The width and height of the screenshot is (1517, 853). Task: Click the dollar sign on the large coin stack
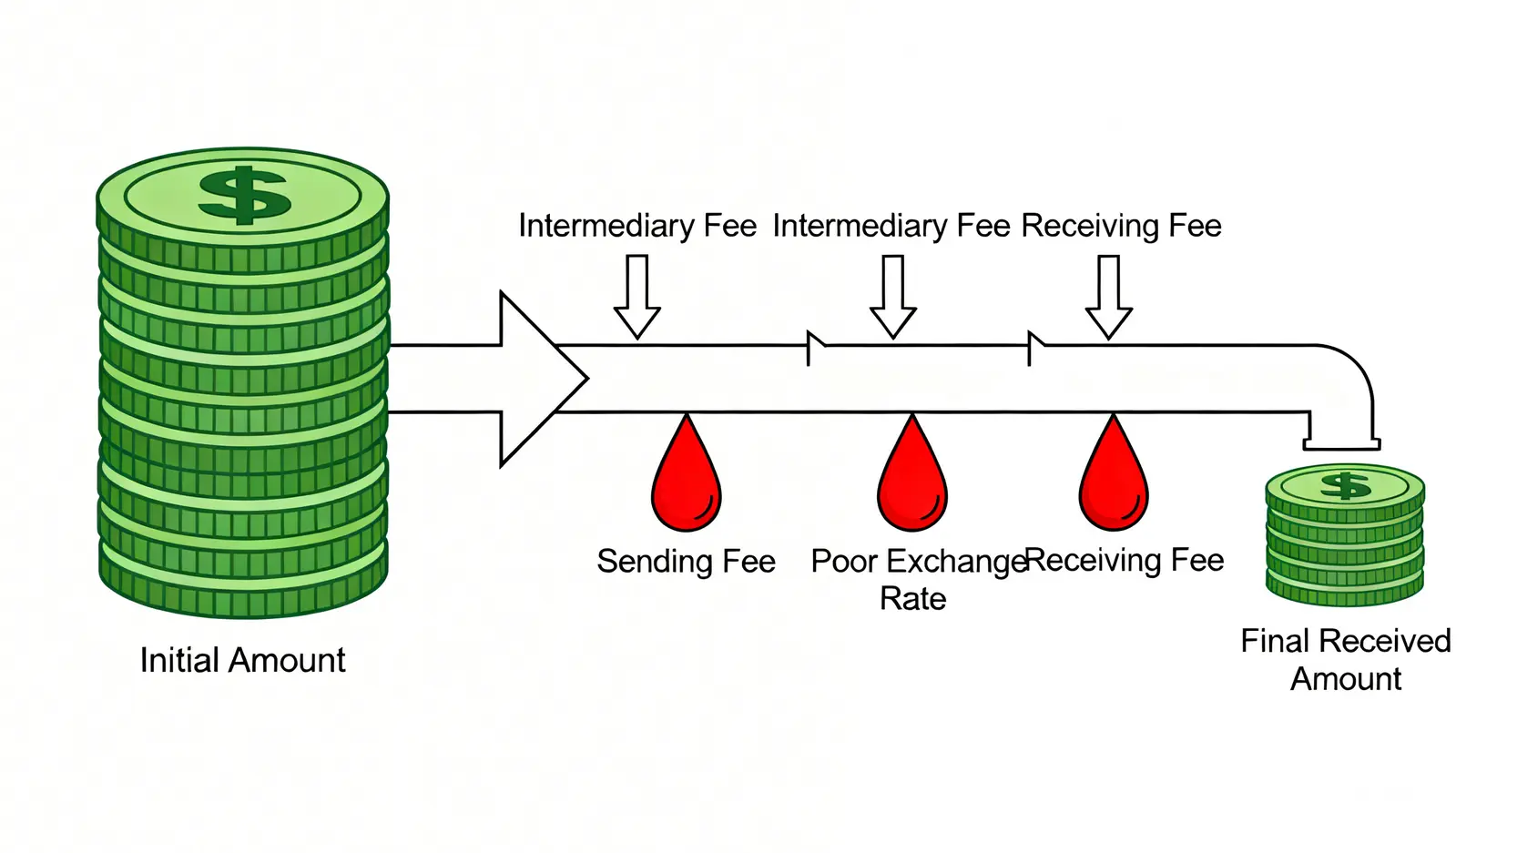[243, 195]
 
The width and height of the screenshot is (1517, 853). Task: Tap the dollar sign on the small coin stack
[1345, 485]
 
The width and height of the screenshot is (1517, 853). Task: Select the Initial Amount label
[242, 660]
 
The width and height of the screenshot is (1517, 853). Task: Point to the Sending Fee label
[686, 562]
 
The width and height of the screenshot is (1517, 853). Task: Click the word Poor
[844, 562]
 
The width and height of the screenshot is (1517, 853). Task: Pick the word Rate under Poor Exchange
[912, 599]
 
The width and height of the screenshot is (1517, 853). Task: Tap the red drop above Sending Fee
[687, 481]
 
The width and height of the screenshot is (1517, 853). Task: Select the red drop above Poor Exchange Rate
[912, 481]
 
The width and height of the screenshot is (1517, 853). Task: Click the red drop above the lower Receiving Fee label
[1114, 481]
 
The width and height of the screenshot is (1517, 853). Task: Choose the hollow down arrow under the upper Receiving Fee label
[1108, 297]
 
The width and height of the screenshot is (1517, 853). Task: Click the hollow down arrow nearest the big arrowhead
[636, 297]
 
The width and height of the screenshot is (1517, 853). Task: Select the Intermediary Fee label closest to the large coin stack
[637, 226]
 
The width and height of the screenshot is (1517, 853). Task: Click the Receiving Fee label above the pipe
[1121, 226]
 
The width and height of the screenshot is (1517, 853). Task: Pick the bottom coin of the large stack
[243, 587]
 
